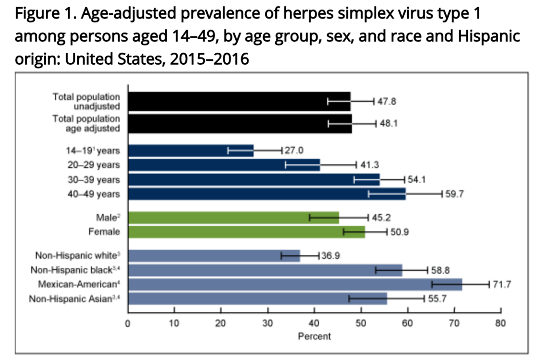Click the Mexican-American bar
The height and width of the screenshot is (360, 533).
point(295,284)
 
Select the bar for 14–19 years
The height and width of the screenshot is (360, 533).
point(191,151)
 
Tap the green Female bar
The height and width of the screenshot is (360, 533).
point(247,232)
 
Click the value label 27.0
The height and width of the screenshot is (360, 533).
point(294,151)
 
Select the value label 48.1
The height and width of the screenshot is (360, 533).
point(389,123)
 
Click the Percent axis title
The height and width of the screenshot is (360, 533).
point(314,336)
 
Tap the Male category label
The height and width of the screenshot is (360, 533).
point(106,218)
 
